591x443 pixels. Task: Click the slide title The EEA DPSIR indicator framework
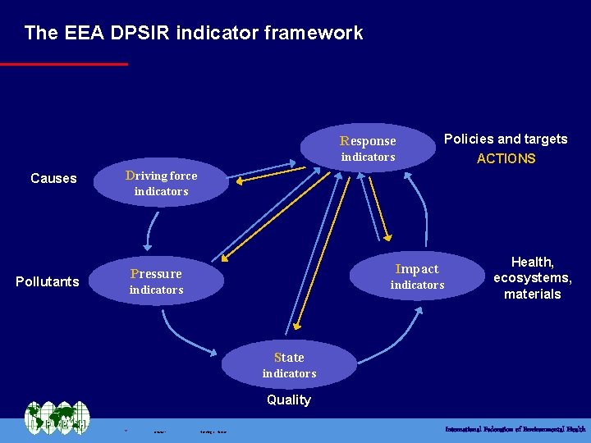tap(193, 33)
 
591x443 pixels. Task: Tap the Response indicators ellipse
tap(368, 148)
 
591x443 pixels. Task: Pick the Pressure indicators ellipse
tap(156, 281)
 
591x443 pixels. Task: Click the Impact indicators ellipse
tap(417, 276)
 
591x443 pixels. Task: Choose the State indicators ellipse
tap(289, 365)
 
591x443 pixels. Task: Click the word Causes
tap(53, 178)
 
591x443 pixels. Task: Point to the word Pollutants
tap(48, 281)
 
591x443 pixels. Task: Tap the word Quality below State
tap(289, 400)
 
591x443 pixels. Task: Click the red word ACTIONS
tap(506, 158)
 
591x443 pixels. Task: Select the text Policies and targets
tap(506, 139)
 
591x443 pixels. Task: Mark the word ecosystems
tap(532, 278)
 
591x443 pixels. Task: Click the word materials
tap(532, 294)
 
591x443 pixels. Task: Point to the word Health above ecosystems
tap(532, 262)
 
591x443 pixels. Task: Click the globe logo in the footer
tap(56, 418)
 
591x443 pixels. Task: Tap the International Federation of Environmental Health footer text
tap(515, 429)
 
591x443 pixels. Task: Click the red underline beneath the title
tap(64, 63)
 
